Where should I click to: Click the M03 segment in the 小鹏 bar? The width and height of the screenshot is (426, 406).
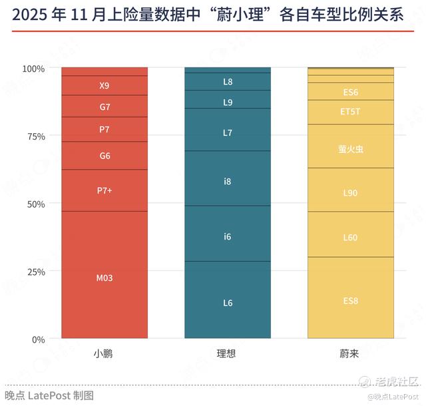click(105, 278)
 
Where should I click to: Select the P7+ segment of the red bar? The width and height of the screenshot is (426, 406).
click(105, 190)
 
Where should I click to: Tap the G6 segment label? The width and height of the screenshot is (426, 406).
click(105, 156)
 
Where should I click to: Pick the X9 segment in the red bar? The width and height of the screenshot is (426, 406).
click(105, 85)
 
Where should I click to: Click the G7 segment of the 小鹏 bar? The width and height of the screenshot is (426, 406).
click(105, 106)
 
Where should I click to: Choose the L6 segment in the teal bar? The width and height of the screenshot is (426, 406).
click(228, 303)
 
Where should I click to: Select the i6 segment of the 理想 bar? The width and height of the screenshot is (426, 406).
click(228, 236)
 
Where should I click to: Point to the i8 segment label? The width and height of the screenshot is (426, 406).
click(228, 180)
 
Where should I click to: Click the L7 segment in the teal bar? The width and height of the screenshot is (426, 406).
click(228, 132)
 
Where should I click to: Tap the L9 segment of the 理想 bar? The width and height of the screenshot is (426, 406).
click(228, 102)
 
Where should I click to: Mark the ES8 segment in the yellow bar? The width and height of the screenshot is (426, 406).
click(351, 301)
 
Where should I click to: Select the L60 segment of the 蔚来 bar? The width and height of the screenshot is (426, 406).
click(351, 238)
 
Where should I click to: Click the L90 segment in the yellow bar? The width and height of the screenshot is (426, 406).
click(351, 192)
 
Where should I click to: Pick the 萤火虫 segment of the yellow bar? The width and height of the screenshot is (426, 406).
click(351, 149)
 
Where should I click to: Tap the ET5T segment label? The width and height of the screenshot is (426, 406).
click(351, 111)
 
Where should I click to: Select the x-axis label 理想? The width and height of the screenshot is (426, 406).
click(227, 353)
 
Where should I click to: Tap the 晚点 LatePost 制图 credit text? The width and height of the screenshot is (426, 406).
click(49, 395)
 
